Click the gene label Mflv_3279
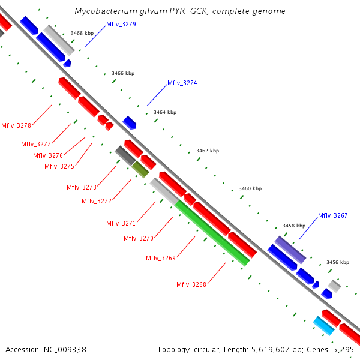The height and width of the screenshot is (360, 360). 121,24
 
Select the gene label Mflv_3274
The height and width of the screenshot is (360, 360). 182,83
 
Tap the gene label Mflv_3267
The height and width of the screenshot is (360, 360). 332,215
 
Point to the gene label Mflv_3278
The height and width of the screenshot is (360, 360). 16,125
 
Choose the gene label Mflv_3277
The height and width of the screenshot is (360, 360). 36,144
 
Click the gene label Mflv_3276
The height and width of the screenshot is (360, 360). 48,155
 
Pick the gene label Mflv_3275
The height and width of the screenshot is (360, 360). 59,166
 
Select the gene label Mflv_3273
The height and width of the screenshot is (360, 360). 82,187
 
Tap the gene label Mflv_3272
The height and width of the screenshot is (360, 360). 97,201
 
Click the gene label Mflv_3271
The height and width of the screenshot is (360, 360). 121,223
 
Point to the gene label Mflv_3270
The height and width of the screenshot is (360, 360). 139,238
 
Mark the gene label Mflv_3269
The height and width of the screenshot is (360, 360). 160,258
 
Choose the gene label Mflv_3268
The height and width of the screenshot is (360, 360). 191,284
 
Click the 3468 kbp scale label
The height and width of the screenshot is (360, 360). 82,34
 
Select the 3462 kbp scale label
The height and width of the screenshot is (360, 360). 208,151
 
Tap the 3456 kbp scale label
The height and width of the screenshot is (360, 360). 337,262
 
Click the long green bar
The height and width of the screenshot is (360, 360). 212,233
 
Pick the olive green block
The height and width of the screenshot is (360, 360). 140,169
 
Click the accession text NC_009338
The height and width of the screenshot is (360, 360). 46,349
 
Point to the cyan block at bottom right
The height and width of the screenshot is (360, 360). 324,326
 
